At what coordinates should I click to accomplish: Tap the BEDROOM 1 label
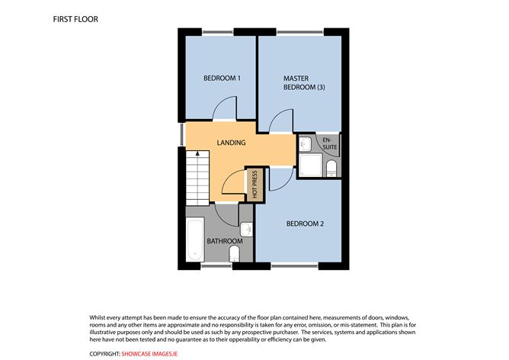tap(222, 79)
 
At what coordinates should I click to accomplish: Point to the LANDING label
tap(231, 143)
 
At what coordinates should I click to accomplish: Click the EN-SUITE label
tap(329, 144)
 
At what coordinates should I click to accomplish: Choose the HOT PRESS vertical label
tap(254, 185)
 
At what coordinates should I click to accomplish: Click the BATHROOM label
tap(226, 242)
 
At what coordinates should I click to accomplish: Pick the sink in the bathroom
tap(247, 229)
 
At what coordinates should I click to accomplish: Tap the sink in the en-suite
tap(304, 142)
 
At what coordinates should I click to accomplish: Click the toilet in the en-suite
tap(331, 168)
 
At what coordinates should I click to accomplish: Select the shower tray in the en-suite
tap(311, 164)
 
